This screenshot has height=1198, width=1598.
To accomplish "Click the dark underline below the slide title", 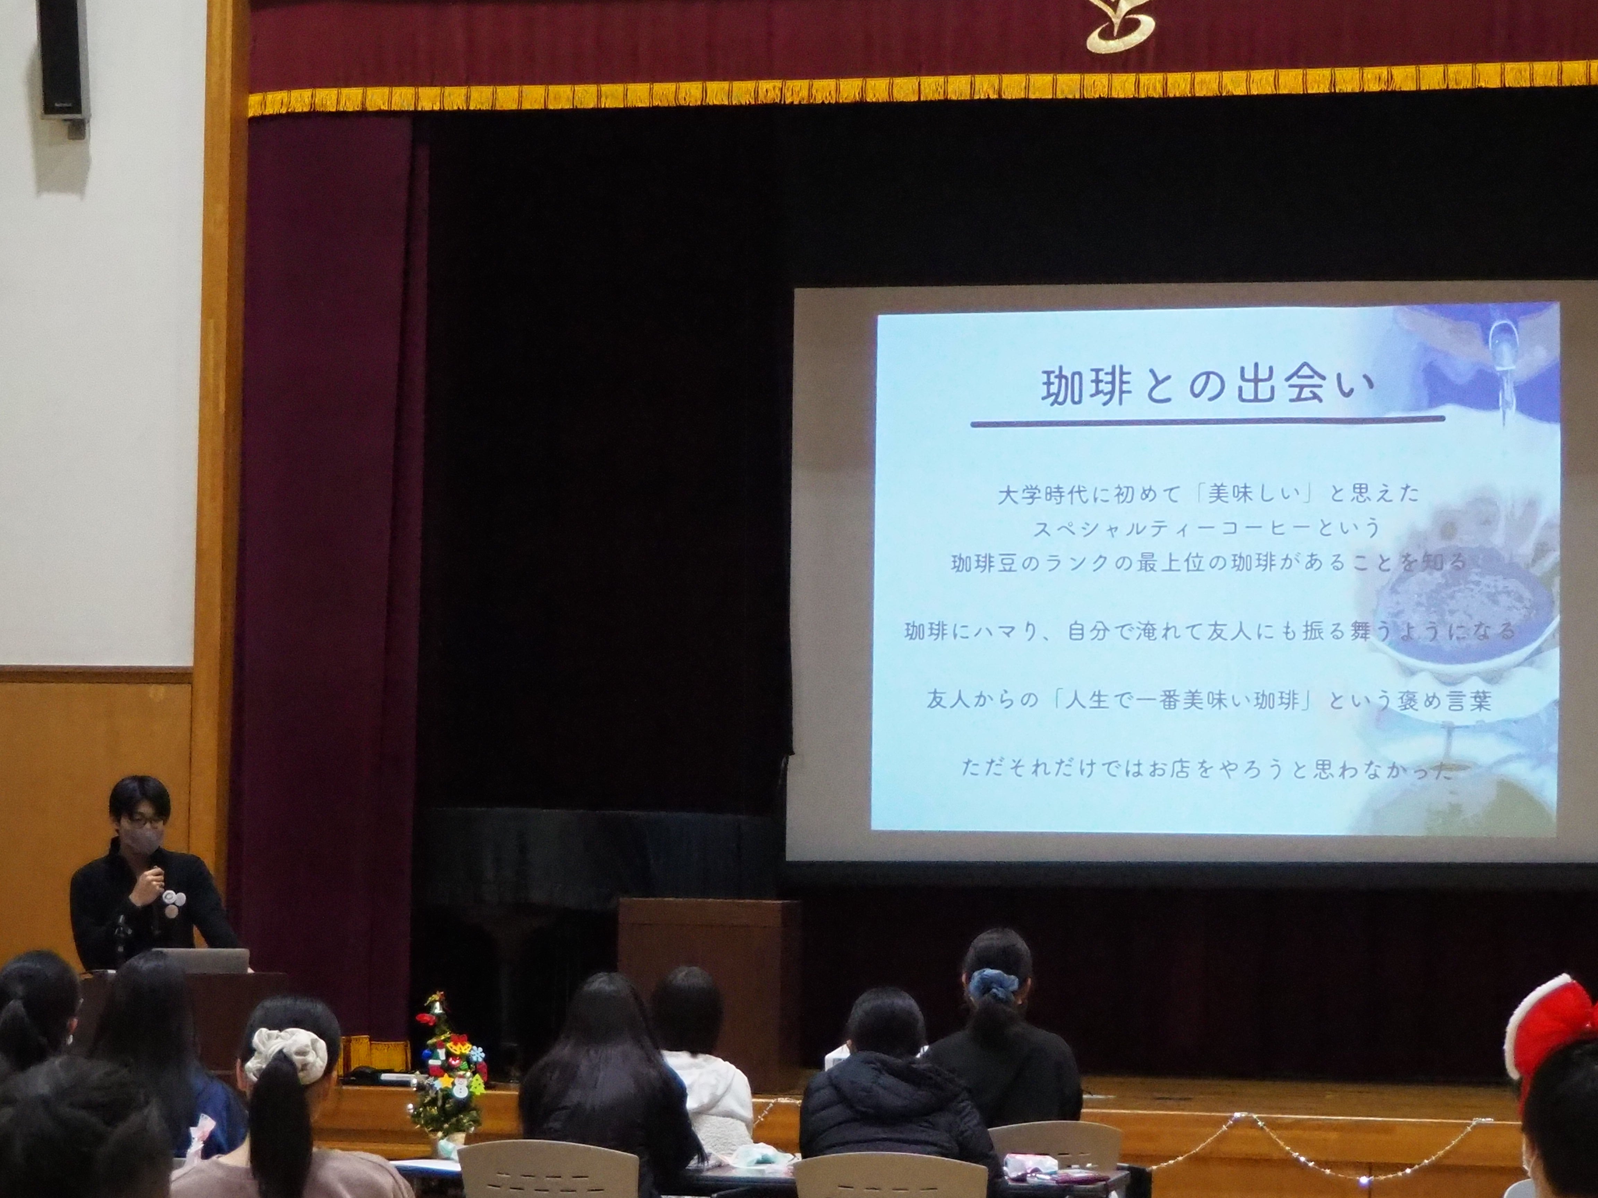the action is click(1206, 421).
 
